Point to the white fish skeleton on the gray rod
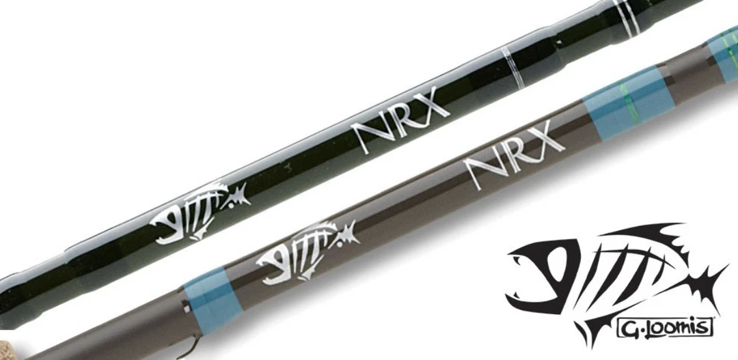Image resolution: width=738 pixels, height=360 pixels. click(x=305, y=249)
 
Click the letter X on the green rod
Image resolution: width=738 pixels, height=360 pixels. click(x=435, y=109)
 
